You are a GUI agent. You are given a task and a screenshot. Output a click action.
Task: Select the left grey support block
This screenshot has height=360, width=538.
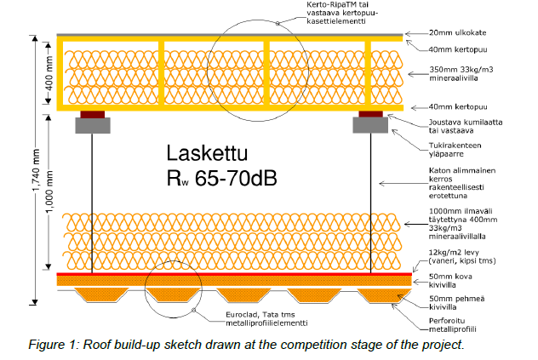pyautogui.click(x=92, y=124)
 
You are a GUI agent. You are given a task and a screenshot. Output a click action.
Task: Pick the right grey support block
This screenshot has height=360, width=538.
pyautogui.click(x=370, y=124)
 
